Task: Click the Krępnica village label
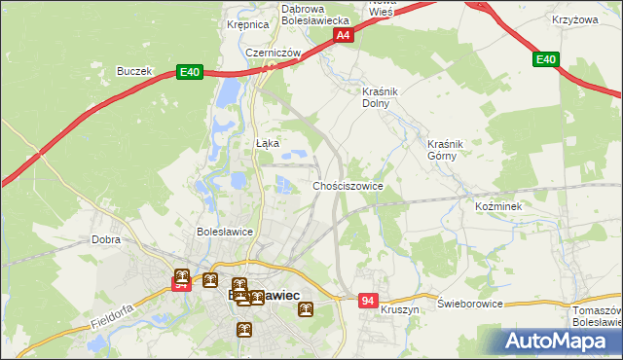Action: pyautogui.click(x=246, y=26)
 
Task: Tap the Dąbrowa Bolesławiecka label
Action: pyautogui.click(x=314, y=14)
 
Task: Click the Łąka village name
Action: pyautogui.click(x=267, y=143)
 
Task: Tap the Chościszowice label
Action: pyautogui.click(x=348, y=185)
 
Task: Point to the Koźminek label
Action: pyautogui.click(x=499, y=208)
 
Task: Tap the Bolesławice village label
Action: pyautogui.click(x=225, y=233)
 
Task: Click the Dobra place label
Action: pyautogui.click(x=105, y=238)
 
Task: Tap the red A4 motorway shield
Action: pyautogui.click(x=343, y=35)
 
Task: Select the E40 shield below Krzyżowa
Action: pyautogui.click(x=546, y=60)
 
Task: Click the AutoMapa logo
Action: pyautogui.click(x=561, y=342)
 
